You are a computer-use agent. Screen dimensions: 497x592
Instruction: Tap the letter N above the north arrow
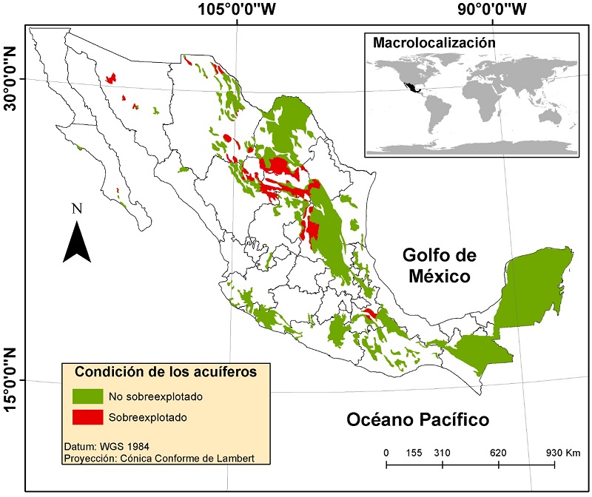76,209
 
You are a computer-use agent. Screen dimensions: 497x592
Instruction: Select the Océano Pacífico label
418,421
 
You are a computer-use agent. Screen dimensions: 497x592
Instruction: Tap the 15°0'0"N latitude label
10,380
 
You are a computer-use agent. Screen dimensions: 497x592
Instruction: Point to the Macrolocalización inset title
433,42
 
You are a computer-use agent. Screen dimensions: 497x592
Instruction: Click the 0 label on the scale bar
386,452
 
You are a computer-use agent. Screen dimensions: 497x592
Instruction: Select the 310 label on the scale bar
443,452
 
